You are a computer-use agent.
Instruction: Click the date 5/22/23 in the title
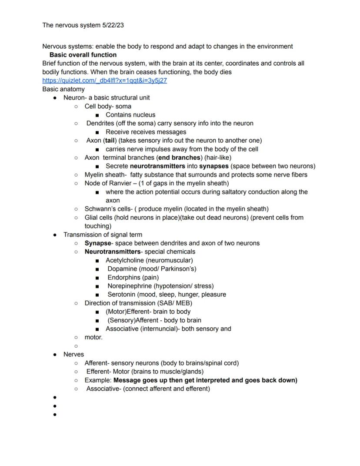pos(113,25)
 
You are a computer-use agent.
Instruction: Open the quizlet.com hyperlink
pos(104,80)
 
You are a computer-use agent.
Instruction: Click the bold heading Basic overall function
pos(83,55)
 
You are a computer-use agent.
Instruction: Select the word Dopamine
pos(122,269)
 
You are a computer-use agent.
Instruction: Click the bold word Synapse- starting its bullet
pos(98,243)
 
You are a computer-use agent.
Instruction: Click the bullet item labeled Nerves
pos(73,355)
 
